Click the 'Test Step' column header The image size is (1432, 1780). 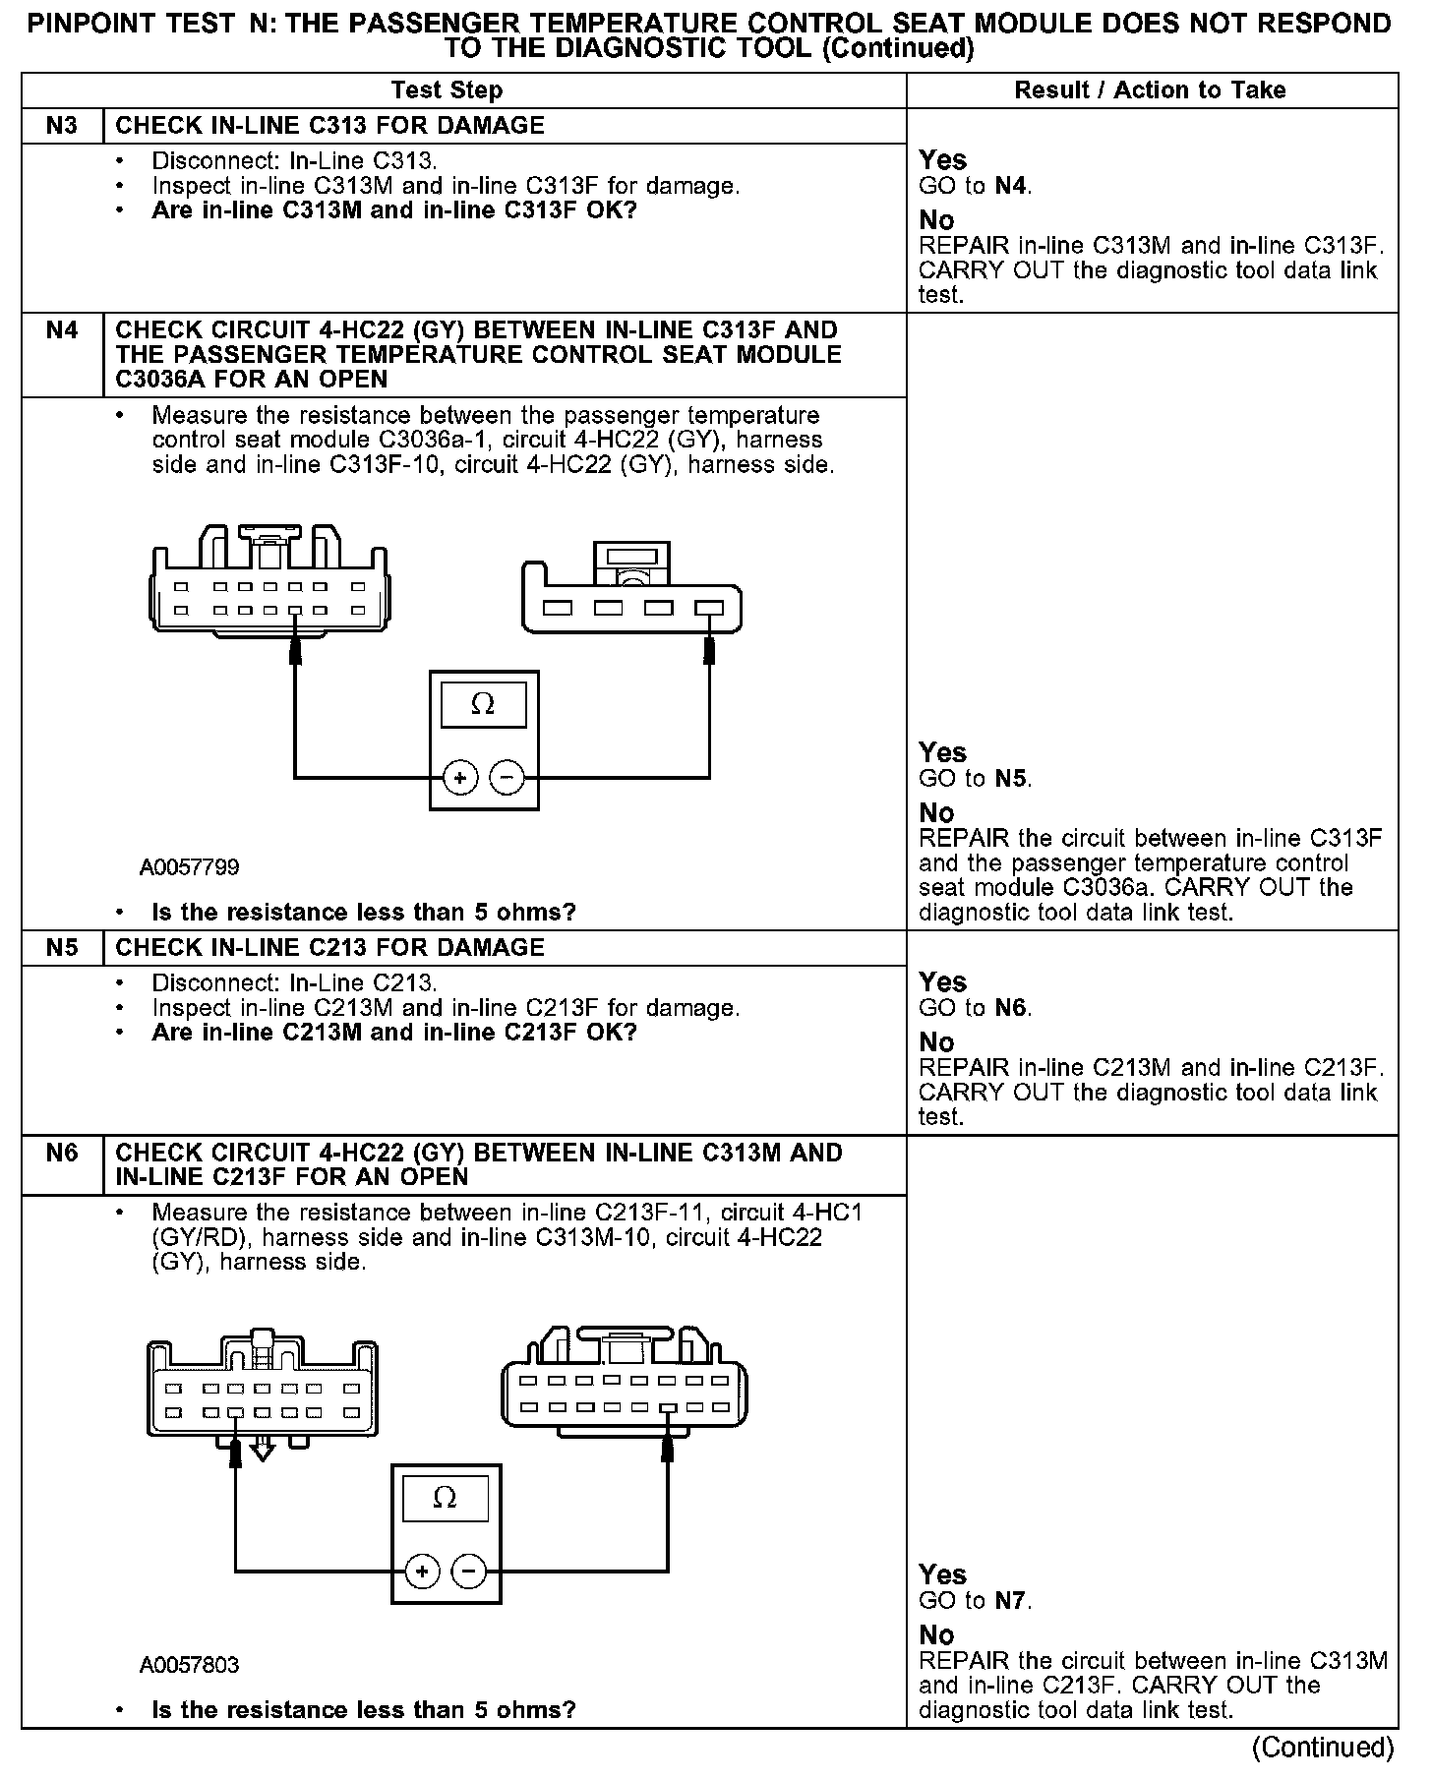(x=447, y=90)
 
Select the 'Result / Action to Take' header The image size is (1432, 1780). (x=1150, y=90)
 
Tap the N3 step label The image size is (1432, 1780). (x=61, y=126)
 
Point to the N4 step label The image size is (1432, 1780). (x=61, y=330)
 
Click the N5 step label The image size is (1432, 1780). (x=61, y=948)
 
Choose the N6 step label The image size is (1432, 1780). (x=61, y=1153)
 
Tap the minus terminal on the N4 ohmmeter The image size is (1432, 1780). (x=507, y=778)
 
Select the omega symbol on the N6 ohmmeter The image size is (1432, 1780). (x=445, y=1498)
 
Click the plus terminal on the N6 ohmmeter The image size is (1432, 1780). (x=422, y=1571)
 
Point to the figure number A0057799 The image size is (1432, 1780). (x=189, y=867)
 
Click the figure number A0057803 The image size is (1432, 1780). (x=189, y=1665)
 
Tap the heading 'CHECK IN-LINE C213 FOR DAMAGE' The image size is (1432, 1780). (x=329, y=948)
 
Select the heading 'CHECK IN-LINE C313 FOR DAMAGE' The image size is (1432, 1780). (x=329, y=126)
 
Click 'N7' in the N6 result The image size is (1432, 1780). (x=1011, y=1601)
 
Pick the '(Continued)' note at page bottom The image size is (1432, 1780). (x=1322, y=1748)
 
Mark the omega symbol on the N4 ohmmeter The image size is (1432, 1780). (x=483, y=704)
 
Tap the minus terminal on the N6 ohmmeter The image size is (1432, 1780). (x=468, y=1571)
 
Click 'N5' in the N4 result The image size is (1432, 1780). (x=1011, y=779)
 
